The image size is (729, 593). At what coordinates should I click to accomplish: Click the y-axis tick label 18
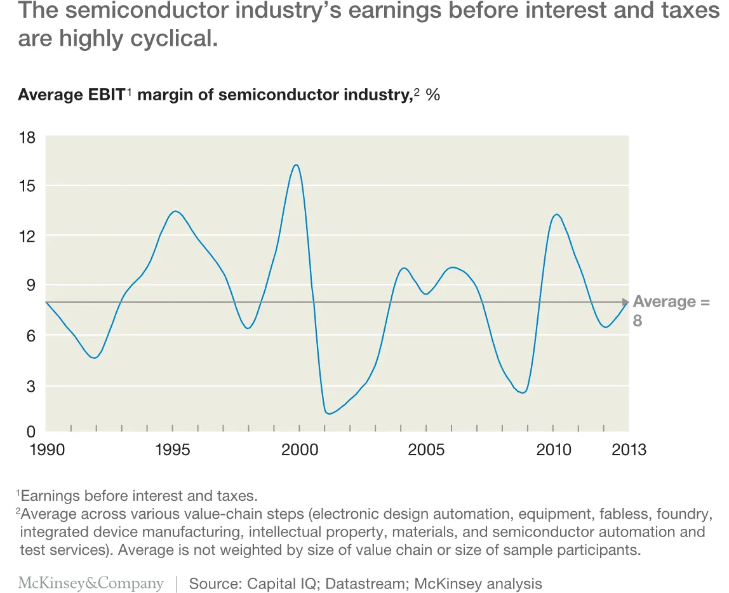click(27, 138)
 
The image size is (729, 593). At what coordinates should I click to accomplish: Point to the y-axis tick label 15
click(27, 186)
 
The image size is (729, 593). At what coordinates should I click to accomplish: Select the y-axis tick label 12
click(27, 236)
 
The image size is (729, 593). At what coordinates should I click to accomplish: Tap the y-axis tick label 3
click(31, 385)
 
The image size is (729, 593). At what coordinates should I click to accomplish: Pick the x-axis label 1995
click(172, 450)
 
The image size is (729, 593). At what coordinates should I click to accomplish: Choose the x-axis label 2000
click(300, 450)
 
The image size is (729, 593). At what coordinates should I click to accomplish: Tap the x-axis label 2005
click(426, 450)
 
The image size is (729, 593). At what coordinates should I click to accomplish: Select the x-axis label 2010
click(554, 450)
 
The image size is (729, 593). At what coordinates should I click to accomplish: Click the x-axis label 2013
click(629, 450)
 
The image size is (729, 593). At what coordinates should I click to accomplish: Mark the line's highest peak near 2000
click(296, 165)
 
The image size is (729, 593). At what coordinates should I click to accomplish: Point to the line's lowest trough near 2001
click(329, 414)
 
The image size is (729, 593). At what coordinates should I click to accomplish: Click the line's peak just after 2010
click(556, 215)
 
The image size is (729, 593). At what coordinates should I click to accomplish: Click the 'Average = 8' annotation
click(670, 310)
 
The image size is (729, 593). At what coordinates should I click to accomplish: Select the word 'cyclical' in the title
click(171, 38)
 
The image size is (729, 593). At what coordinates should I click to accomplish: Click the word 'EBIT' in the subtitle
click(102, 95)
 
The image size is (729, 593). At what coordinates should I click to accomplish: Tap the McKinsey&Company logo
click(91, 583)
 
